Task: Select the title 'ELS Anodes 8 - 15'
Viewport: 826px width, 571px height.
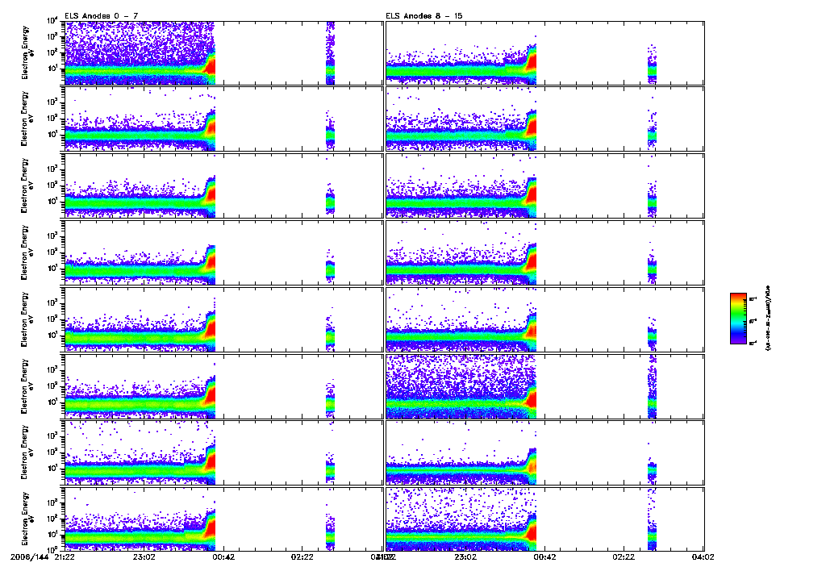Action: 418,15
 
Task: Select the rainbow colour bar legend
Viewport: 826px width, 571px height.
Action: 737,318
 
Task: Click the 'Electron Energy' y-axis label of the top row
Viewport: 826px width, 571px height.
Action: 28,52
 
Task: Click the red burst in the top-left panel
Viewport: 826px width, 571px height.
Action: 211,66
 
